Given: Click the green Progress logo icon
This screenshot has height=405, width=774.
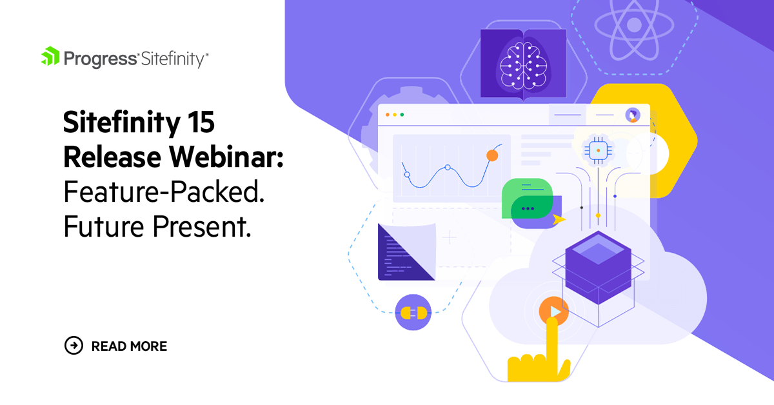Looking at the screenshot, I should [50, 57].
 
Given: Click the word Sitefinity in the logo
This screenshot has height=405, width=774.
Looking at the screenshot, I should [174, 59].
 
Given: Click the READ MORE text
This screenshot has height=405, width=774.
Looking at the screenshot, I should [129, 346].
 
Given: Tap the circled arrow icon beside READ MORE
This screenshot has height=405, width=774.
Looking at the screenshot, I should [74, 346].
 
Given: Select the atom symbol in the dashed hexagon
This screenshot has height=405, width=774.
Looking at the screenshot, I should [633, 26].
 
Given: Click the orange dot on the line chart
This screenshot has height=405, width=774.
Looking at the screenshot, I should [492, 155].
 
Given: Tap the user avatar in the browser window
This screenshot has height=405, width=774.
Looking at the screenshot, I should [633, 115].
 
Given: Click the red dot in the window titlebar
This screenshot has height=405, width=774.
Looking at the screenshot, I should [387, 115].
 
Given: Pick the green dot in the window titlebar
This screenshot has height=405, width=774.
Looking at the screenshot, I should [402, 115].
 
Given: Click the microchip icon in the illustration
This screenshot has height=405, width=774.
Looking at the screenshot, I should [598, 150].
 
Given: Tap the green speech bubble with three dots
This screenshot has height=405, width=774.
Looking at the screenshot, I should [528, 199].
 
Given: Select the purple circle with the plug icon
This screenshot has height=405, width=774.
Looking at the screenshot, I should [413, 313].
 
